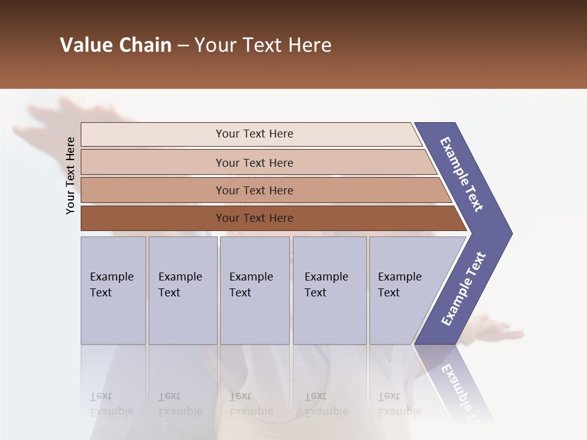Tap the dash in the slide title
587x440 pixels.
click(x=183, y=46)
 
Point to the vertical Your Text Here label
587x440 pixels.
click(x=70, y=175)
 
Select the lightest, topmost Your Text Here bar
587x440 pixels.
click(x=254, y=134)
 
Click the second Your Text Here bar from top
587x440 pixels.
click(x=254, y=163)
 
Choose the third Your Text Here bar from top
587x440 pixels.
click(x=254, y=190)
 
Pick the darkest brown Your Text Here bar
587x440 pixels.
click(x=254, y=218)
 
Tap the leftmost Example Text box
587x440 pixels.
click(x=113, y=290)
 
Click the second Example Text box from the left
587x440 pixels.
click(x=182, y=290)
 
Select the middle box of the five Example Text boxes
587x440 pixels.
click(x=254, y=290)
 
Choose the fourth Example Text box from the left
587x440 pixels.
click(x=329, y=290)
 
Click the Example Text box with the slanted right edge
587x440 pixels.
click(x=404, y=290)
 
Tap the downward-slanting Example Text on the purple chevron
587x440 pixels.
click(x=462, y=174)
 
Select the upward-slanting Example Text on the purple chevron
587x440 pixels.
click(x=463, y=289)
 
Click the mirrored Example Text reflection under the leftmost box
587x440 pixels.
click(x=111, y=404)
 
